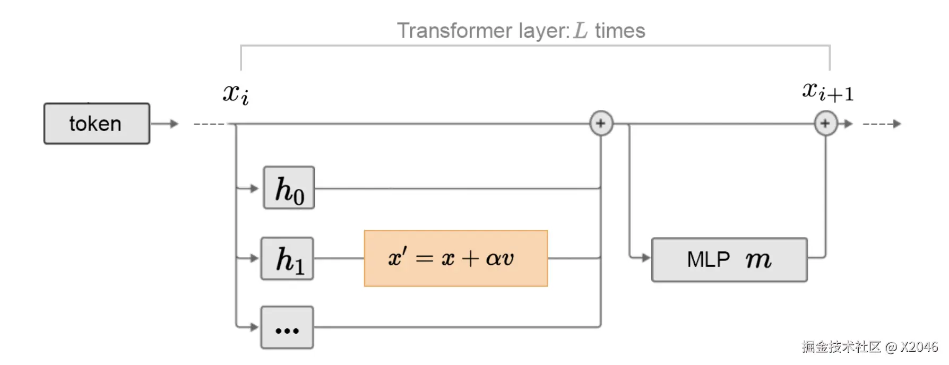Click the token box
[97, 124]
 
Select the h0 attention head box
[289, 188]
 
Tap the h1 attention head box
[287, 258]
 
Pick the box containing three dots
[287, 327]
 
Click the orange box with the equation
[455, 258]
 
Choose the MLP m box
[729, 259]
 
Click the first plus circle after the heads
[601, 124]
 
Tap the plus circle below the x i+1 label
[825, 124]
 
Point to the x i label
[236, 94]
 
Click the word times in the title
[620, 31]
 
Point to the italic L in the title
[581, 31]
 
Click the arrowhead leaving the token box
[174, 124]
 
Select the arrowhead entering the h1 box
[254, 258]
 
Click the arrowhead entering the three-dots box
[254, 327]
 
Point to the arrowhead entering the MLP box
[645, 258]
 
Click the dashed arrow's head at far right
[897, 124]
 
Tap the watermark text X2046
[919, 347]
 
